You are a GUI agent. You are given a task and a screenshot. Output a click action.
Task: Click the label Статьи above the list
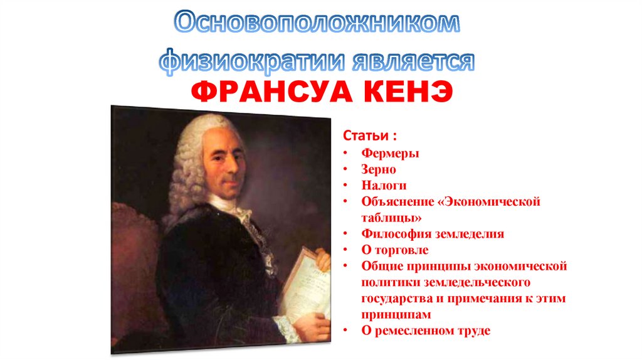coord(365,136)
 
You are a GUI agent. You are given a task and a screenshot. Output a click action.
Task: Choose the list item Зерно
coord(378,169)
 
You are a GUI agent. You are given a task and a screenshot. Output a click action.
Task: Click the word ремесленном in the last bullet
coord(414,331)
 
